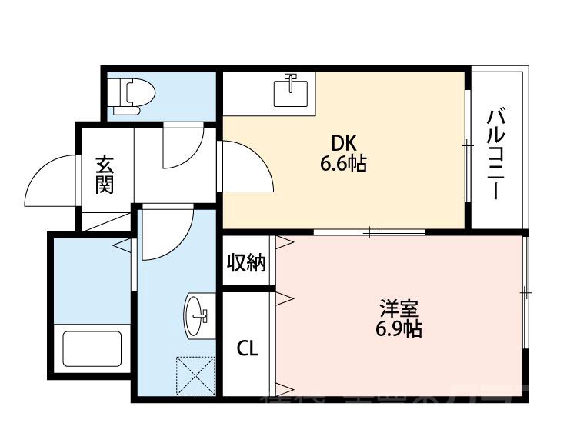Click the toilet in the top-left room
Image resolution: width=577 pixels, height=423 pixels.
coord(132,95)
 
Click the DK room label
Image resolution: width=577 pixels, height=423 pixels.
coord(342,143)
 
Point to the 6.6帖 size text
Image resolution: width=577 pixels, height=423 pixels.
coord(343,163)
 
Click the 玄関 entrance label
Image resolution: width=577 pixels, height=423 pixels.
coord(105,175)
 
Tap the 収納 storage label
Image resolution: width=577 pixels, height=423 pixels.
coord(246,263)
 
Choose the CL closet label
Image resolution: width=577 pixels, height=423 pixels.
coord(247,348)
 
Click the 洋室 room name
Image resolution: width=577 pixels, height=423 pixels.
coord(398,311)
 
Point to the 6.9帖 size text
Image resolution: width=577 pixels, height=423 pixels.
coord(398,331)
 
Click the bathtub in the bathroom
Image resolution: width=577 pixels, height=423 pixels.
coord(91,349)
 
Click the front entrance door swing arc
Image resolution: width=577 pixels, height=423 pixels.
coord(52,183)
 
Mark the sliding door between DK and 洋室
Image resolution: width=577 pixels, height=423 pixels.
coord(370,231)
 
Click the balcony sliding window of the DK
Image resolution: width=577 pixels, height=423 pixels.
coord(467,145)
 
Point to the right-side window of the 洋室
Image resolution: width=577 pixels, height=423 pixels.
coord(526,292)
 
